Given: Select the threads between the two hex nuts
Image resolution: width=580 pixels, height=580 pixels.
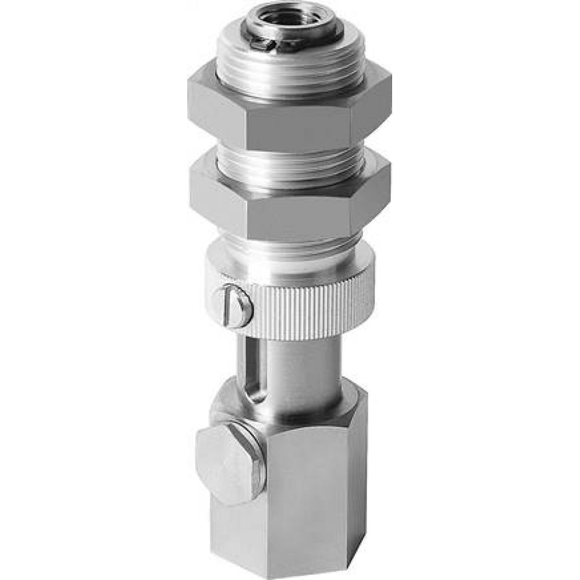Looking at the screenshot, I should click(x=290, y=165).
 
